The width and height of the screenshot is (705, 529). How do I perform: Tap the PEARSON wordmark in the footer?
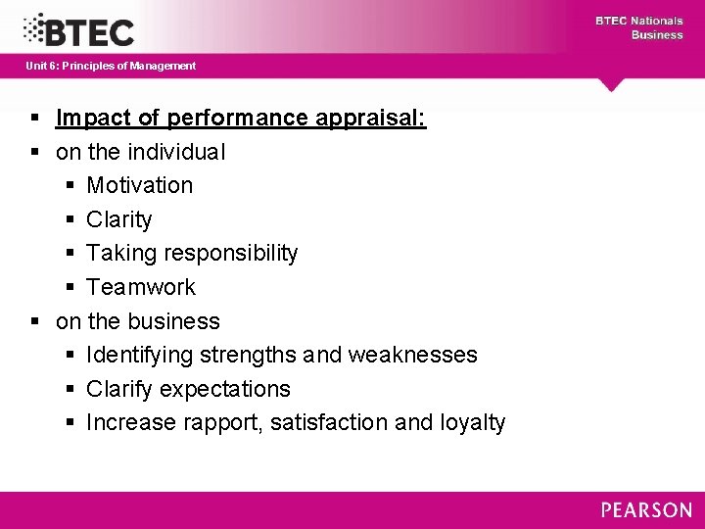point(646,509)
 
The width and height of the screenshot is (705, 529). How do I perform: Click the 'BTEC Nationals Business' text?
point(638,27)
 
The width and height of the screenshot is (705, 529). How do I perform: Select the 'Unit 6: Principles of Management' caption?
point(111,66)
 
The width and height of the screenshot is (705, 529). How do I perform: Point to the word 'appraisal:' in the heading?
point(376,119)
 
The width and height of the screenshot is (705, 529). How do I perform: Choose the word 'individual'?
point(175,152)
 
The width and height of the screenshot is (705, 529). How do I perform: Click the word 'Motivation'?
point(139,185)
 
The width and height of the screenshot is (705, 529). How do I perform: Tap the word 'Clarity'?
point(118,219)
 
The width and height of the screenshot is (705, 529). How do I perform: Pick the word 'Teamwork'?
point(141,287)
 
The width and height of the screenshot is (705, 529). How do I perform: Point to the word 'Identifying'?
point(141,355)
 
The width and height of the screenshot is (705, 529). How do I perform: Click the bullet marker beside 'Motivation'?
point(71,185)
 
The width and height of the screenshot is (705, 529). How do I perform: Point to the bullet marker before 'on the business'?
point(35,321)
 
